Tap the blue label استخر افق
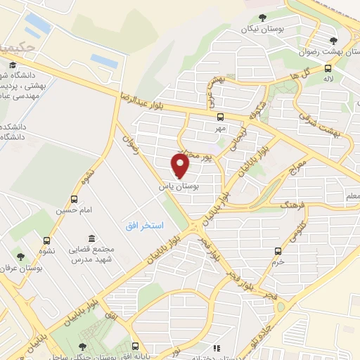[x=144, y=225]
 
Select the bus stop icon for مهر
[x=220, y=117]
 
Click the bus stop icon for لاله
[x=328, y=68]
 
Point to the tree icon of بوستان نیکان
[x=262, y=17]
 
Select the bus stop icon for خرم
[x=278, y=250]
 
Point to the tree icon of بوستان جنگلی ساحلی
[x=84, y=346]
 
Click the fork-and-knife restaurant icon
[x=218, y=347]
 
